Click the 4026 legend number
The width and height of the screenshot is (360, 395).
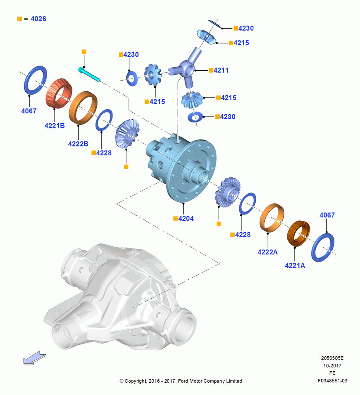(38, 19)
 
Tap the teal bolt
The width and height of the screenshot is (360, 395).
(89, 74)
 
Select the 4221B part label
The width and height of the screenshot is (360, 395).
(54, 126)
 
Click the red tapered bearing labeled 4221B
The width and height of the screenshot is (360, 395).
(59, 93)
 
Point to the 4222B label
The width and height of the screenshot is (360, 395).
(78, 144)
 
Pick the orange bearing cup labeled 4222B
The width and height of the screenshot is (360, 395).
(83, 108)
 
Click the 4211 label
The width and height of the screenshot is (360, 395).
(221, 70)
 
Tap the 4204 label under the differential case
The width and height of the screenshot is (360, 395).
(186, 218)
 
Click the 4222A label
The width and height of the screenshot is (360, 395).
(267, 252)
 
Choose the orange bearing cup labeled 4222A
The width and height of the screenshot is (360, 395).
(272, 217)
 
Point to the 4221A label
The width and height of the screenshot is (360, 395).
(295, 265)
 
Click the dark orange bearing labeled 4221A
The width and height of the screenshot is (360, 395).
(298, 233)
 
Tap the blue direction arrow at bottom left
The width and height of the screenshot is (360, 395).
(34, 358)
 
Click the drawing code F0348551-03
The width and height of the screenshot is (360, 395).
(332, 381)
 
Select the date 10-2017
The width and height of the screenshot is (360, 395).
(332, 365)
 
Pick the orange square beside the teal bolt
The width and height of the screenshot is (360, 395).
(84, 52)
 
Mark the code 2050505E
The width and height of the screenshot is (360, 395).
(332, 358)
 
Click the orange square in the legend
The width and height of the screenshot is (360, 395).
(20, 19)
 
